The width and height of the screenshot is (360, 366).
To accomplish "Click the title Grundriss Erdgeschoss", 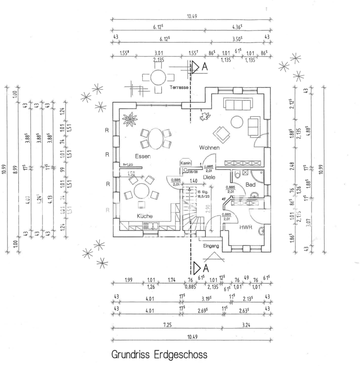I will click(159, 355).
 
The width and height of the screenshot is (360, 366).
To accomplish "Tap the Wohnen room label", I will click(209, 147).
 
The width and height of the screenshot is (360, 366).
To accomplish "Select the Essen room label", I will click(143, 157).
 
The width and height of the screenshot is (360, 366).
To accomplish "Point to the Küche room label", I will click(144, 216).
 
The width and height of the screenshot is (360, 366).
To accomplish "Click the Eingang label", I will click(211, 246).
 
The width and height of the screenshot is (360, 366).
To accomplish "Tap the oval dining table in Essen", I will click(156, 139).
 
